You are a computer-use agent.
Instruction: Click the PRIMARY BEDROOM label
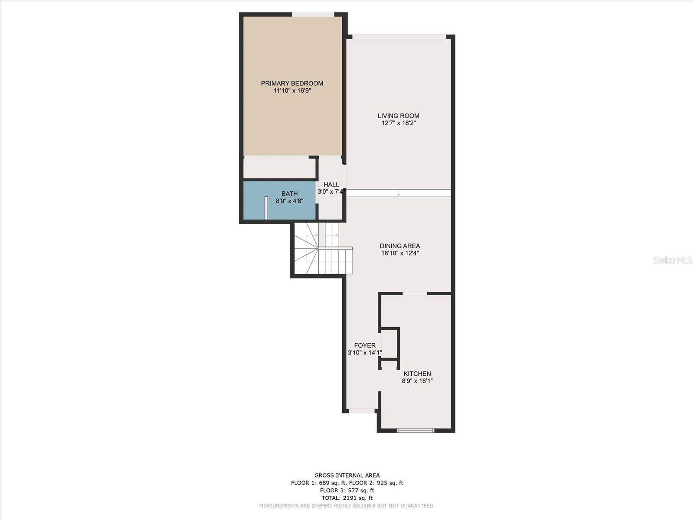(x=292, y=83)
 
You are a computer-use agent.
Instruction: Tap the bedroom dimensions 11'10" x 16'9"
(x=292, y=91)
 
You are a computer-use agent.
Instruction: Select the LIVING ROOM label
(x=398, y=116)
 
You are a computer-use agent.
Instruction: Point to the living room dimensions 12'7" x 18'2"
(x=398, y=123)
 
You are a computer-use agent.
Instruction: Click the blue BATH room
(x=279, y=200)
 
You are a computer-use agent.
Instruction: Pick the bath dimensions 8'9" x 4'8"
(x=290, y=201)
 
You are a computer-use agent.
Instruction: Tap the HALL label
(x=331, y=185)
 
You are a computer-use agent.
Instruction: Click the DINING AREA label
(x=400, y=246)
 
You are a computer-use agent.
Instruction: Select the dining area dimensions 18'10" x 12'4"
(x=400, y=253)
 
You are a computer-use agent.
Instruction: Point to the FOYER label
(x=365, y=345)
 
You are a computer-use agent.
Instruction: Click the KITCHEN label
(x=417, y=374)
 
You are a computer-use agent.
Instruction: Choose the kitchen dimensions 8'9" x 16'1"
(x=417, y=381)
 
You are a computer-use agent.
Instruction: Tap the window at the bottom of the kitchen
(x=416, y=430)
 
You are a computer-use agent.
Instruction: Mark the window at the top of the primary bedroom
(x=313, y=14)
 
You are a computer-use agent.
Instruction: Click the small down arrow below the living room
(x=398, y=193)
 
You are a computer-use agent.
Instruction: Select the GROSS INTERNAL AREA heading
(x=347, y=475)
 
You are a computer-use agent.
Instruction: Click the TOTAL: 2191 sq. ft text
(x=347, y=498)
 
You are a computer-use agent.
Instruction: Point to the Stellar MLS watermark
(x=672, y=260)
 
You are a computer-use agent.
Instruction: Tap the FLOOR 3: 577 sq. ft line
(x=347, y=491)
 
